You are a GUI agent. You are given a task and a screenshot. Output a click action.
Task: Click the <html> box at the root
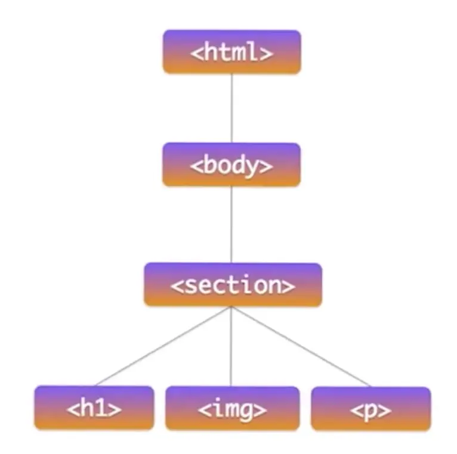(231, 52)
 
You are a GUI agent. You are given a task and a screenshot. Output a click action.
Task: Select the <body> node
(231, 164)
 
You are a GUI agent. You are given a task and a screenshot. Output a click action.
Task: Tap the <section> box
(232, 285)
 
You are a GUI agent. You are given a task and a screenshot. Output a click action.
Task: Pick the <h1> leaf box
(94, 408)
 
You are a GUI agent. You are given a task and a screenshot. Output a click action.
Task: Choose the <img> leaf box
(232, 408)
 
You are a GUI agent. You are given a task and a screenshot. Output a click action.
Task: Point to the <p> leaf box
(370, 408)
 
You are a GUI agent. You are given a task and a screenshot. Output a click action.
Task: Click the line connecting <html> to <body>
(231, 108)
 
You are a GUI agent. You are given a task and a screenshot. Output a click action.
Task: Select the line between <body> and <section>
(231, 224)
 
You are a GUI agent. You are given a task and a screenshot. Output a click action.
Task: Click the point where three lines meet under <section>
(231, 307)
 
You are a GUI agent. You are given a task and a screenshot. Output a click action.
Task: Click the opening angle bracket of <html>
(196, 54)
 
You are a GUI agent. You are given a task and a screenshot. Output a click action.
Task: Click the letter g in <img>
(251, 412)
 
